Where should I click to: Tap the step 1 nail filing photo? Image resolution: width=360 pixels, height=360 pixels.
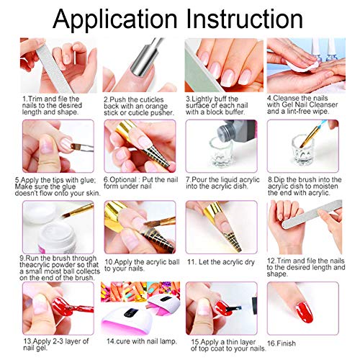(x=48, y=65)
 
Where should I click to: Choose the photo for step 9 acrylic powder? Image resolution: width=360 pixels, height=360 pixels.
(x=48, y=226)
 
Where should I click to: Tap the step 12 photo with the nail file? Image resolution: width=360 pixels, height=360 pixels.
(x=292, y=226)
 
